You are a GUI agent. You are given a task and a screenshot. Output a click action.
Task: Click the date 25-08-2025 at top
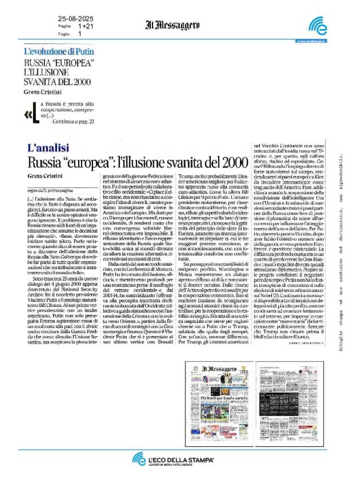pyautogui.click(x=75, y=19)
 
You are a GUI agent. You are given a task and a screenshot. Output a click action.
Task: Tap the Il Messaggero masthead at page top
pyautogui.click(x=172, y=25)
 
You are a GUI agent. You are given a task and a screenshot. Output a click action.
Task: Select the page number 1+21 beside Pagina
pyautogui.click(x=85, y=26)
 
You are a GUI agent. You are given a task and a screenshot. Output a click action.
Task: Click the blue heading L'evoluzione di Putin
pyautogui.click(x=59, y=52)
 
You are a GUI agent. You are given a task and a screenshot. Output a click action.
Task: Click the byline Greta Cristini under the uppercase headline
pyautogui.click(x=42, y=92)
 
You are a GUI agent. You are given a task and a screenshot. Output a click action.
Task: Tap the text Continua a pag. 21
pyautogui.click(x=73, y=121)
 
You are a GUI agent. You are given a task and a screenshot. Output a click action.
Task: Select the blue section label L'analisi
pyautogui.click(x=48, y=148)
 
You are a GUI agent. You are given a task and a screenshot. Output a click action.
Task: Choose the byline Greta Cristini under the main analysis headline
pyautogui.click(x=45, y=176)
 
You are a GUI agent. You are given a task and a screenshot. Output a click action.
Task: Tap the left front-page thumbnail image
pyautogui.click(x=219, y=403)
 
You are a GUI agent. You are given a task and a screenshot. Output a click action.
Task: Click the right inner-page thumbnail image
pyautogui.click(x=289, y=403)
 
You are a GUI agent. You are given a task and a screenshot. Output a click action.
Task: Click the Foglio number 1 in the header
pyautogui.click(x=80, y=34)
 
